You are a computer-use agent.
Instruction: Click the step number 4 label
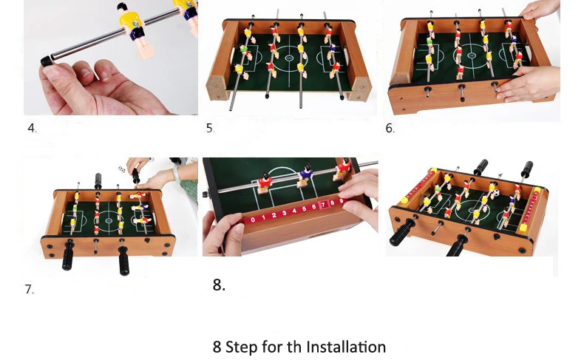[31, 128]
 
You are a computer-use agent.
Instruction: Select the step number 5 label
[210, 128]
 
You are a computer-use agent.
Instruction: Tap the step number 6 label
[389, 128]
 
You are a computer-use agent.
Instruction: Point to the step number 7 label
[29, 289]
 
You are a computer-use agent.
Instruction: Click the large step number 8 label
[219, 285]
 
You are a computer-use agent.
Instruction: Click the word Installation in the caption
[346, 347]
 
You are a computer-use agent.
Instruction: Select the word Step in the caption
[241, 347]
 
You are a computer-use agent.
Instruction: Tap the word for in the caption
[272, 347]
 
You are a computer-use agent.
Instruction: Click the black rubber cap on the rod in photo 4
[47, 61]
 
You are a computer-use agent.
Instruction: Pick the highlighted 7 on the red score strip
[323, 204]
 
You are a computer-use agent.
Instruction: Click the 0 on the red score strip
[253, 220]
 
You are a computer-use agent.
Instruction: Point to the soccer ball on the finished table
[497, 192]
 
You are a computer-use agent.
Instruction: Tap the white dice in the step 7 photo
[121, 169]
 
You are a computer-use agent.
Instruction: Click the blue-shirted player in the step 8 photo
[305, 176]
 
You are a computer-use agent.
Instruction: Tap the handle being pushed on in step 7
[135, 177]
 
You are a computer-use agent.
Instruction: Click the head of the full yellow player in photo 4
[122, 7]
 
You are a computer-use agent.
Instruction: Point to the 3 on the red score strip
[284, 214]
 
